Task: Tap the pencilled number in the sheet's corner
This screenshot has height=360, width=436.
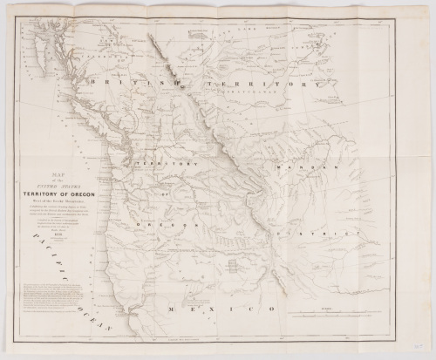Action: (423, 344)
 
